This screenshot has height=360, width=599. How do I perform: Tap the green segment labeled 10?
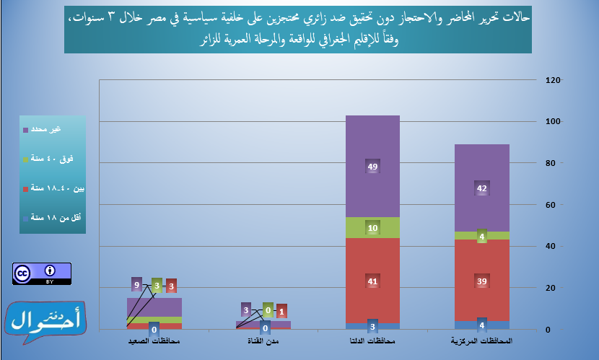point(372,228)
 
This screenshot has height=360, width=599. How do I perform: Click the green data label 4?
point(482,236)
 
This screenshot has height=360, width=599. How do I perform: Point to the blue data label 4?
point(482,323)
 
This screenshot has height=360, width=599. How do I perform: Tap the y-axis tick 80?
point(552,163)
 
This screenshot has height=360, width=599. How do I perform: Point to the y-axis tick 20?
point(552,288)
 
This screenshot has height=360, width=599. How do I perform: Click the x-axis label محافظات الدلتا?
point(372,339)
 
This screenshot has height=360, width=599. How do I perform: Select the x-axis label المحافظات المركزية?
point(482,339)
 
